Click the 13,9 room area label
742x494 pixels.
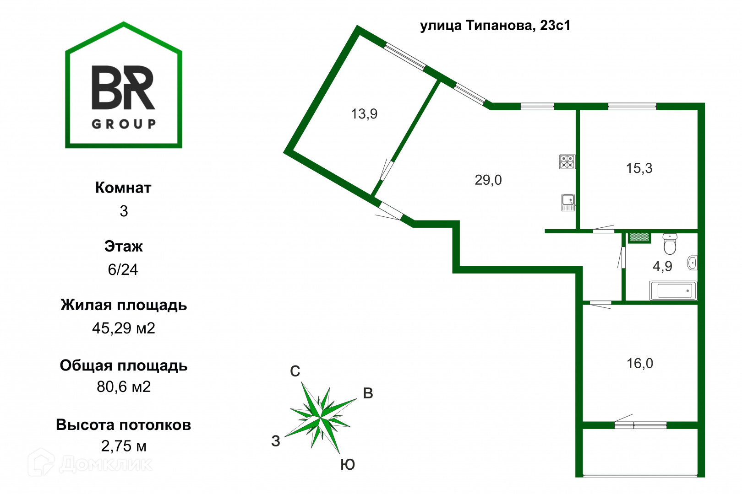click(364, 114)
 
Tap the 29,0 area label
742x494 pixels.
click(488, 180)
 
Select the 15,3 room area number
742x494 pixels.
click(639, 168)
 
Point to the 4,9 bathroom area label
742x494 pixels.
click(662, 266)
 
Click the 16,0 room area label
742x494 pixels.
click(640, 364)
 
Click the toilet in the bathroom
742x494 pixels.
click(670, 244)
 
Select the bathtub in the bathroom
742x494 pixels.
click(673, 290)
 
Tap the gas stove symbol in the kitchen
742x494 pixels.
click(567, 162)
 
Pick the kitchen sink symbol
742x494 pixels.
click(568, 202)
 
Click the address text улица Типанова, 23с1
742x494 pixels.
click(495, 25)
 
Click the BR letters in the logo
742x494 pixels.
click(123, 88)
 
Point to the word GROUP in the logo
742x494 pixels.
click(124, 124)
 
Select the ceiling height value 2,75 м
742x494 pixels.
click(124, 446)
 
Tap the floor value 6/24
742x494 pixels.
click(123, 270)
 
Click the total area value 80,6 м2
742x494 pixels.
click(124, 387)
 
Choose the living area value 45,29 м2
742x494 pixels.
click(124, 328)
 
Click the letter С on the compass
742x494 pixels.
click(295, 371)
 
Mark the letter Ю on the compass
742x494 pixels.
click(348, 465)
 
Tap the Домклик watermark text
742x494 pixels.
click(105, 464)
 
